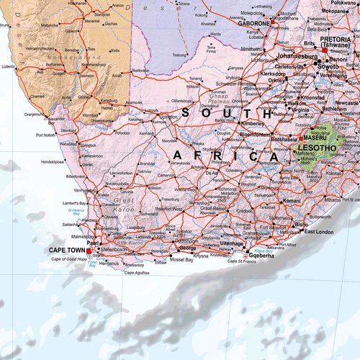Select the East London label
(318, 232)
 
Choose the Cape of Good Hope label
(71, 258)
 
